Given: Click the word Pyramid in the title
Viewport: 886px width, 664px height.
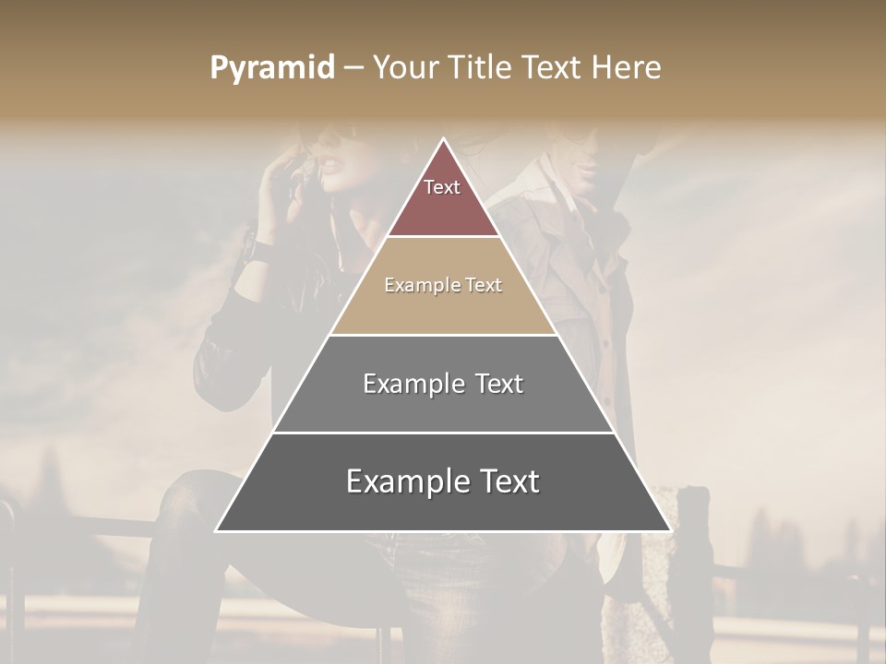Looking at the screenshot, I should coord(271,68).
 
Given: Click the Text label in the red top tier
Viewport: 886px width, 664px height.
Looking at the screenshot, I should coord(442,187).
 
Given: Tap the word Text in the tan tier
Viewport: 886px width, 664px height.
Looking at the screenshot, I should coord(484,286).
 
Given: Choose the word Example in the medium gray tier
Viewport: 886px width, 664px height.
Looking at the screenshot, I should coord(414,384).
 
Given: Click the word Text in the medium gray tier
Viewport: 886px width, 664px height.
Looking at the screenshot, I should coord(498,384).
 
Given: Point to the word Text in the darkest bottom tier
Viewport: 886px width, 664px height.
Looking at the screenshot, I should coord(508,481).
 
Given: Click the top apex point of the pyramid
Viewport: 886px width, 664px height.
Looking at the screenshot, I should coord(443,139).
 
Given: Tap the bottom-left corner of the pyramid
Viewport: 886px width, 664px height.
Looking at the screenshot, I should coord(216,530).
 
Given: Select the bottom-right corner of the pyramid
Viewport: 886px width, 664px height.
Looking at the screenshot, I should coord(670,530).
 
